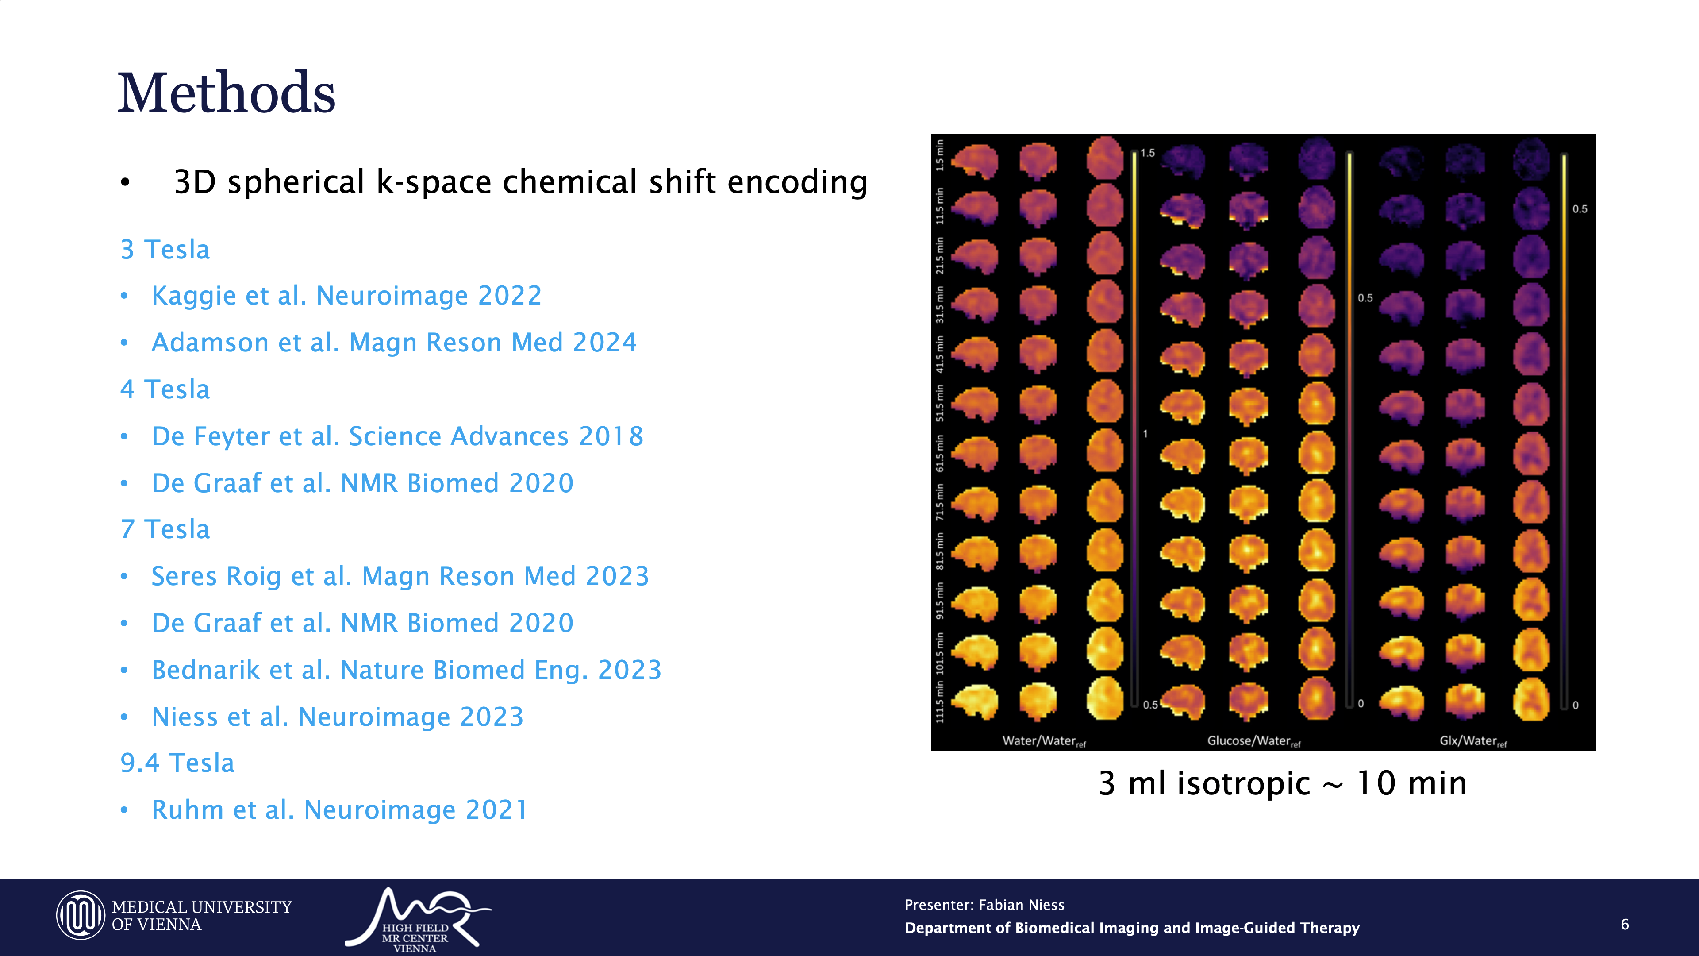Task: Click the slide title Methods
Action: (x=226, y=93)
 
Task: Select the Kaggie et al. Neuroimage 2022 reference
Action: (x=346, y=296)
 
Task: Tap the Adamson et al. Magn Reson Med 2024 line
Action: (x=394, y=343)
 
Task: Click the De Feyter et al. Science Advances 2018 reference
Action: (x=397, y=436)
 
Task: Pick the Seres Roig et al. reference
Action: (x=400, y=576)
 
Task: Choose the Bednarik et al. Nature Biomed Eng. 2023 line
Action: (x=406, y=670)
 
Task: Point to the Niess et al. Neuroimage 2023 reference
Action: (x=337, y=717)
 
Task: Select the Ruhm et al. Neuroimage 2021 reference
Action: (x=340, y=810)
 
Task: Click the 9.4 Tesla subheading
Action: (x=177, y=763)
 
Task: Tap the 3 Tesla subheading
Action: (x=165, y=249)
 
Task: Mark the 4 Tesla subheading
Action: (x=165, y=389)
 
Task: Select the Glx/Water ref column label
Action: (x=1473, y=741)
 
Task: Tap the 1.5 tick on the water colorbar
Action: (x=1148, y=153)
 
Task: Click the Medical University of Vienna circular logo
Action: (x=81, y=916)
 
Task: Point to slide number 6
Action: (x=1625, y=924)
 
